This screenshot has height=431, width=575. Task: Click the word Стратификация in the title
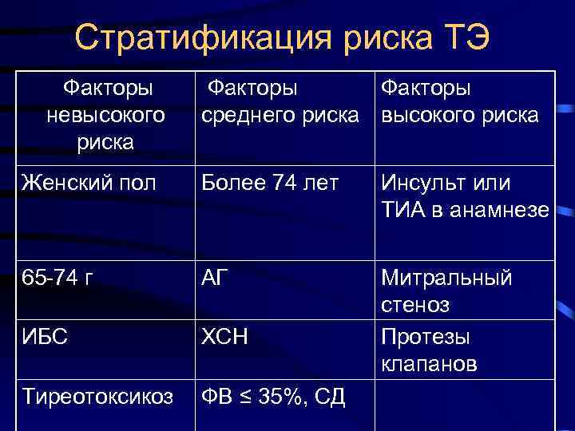pyautogui.click(x=194, y=38)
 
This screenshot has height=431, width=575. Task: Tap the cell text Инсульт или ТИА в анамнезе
pyautogui.click(x=463, y=196)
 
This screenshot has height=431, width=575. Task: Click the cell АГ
pyautogui.click(x=216, y=278)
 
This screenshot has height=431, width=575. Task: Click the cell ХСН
pyautogui.click(x=224, y=337)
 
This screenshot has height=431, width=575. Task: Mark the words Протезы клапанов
pyautogui.click(x=429, y=350)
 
